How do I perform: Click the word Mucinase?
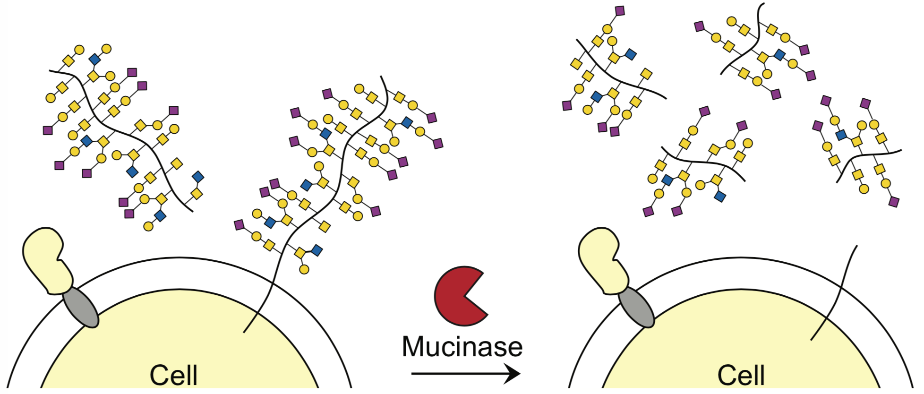coord(462,347)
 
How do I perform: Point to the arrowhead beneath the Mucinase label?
coord(512,374)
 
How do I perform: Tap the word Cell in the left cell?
coord(173,376)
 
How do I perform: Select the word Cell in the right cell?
coord(741,376)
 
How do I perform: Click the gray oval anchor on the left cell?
coord(81,308)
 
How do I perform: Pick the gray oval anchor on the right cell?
coord(636,308)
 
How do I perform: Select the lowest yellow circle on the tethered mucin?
coord(304,270)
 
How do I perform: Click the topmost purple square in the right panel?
coord(620,10)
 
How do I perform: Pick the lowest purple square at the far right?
coord(894,202)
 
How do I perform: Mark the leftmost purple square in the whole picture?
coord(48,130)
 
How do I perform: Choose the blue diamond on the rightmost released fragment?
coord(841,135)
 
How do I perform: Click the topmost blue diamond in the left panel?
coord(94,59)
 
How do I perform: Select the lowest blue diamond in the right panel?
coord(719,196)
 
